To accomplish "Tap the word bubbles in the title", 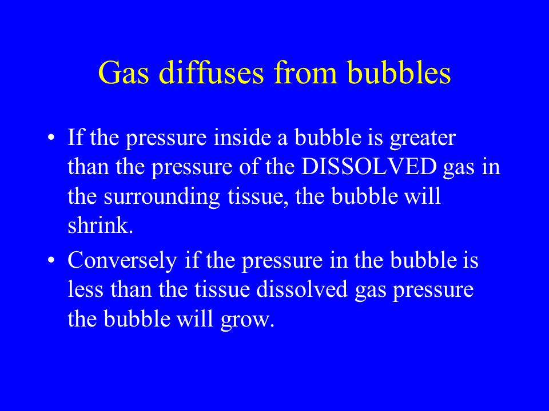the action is click(399, 72).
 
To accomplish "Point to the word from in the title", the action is click(305, 72).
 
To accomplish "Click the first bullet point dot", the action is click(51, 137).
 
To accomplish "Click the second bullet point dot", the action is click(51, 260).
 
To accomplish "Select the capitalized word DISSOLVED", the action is click(369, 167).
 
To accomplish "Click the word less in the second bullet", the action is click(85, 289).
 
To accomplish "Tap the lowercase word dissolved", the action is click(302, 289).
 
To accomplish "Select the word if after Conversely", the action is click(192, 260).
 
